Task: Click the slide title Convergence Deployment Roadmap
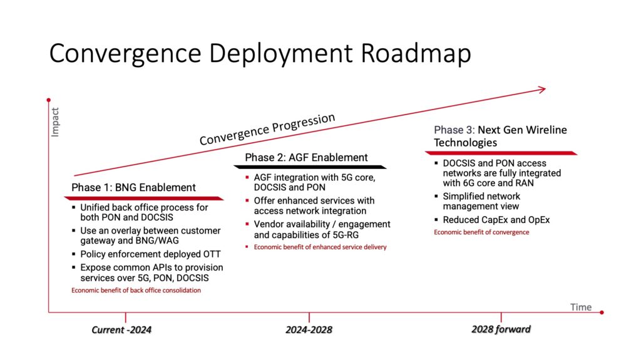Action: pos(260,54)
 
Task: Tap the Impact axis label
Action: pos(55,123)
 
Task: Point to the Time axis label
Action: pos(580,307)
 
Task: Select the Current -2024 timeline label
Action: pos(121,330)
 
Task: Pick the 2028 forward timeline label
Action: pos(501,329)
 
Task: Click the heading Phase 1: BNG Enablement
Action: pos(133,187)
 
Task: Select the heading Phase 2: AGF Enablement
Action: pos(306,157)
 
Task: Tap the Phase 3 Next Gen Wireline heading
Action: pos(500,136)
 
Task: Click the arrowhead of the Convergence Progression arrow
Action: pos(541,90)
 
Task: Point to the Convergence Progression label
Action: pos(267,129)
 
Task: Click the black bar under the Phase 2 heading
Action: pos(310,167)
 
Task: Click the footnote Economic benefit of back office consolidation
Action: pos(136,291)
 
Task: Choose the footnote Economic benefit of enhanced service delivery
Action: pos(320,247)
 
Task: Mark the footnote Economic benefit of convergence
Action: pos(481,232)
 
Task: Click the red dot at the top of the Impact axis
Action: pos(49,100)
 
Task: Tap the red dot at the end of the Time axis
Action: pos(601,312)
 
